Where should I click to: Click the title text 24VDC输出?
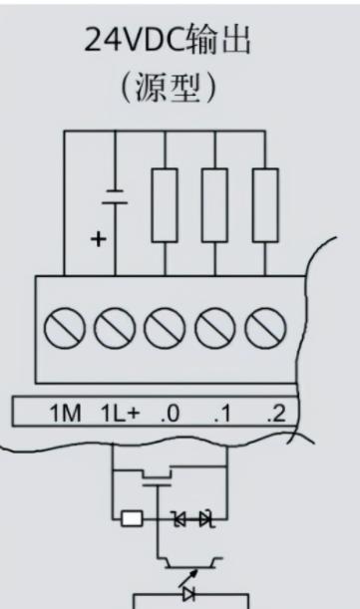(168, 40)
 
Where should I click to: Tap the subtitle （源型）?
(169, 88)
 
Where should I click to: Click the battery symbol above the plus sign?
(115, 197)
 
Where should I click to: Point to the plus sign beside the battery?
(99, 238)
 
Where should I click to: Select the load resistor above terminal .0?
(165, 205)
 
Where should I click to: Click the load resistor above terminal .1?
(214, 205)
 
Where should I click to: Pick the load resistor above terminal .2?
(265, 205)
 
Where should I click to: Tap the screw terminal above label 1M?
(65, 328)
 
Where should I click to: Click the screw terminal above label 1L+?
(115, 328)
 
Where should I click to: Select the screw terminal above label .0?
(165, 328)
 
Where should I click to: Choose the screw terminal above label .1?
(214, 328)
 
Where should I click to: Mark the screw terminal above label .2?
(265, 328)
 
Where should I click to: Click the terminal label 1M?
(65, 413)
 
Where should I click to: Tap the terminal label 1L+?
(120, 413)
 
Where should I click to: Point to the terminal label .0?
(170, 414)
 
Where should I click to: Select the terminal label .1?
(222, 414)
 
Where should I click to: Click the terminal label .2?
(276, 414)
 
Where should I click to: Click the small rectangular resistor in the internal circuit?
(132, 518)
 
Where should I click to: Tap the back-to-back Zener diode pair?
(193, 518)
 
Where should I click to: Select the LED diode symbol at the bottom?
(189, 594)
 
